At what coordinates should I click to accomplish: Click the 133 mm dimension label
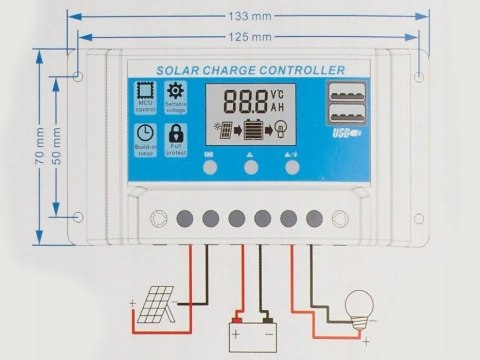(250, 15)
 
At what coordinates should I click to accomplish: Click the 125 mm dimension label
(250, 37)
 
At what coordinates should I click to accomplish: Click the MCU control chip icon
(145, 94)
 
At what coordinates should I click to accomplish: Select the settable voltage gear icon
(176, 94)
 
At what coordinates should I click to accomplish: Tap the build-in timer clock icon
(145, 135)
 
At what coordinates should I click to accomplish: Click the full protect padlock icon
(176, 135)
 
